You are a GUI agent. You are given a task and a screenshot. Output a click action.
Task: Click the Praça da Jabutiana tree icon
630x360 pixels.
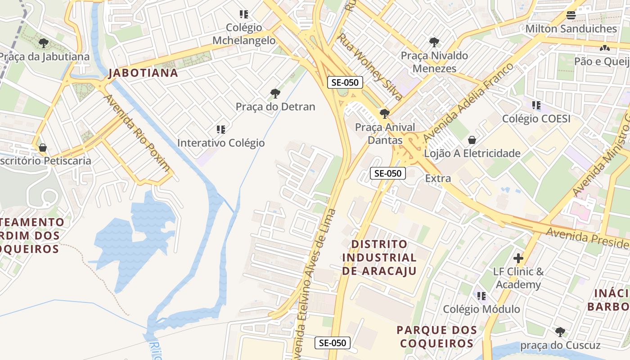point(43,43)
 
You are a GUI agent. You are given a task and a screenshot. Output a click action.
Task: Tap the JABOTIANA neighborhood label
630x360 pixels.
point(143,73)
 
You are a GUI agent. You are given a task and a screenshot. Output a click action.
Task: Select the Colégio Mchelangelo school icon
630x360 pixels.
point(244,14)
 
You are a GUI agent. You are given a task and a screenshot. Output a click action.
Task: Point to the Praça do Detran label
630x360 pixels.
point(275,107)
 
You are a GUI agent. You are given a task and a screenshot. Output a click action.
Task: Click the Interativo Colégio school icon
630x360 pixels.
point(220,130)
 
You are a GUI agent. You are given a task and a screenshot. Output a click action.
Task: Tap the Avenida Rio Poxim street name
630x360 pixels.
point(137,133)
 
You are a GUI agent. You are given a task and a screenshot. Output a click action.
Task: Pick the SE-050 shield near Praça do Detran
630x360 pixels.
point(345,82)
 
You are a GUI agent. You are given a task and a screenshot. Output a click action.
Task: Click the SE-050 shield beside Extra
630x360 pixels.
point(387,173)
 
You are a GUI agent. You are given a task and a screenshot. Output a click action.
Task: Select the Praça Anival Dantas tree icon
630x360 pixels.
point(384,113)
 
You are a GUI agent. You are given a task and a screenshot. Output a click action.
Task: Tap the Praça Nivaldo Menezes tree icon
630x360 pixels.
point(434,42)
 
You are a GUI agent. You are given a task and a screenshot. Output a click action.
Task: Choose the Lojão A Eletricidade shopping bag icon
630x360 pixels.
point(472,140)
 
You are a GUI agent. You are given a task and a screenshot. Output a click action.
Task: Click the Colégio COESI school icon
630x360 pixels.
point(536,105)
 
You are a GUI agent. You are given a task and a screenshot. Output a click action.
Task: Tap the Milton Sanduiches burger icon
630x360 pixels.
point(571,15)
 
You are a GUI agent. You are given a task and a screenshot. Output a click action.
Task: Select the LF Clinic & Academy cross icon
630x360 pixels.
point(518,258)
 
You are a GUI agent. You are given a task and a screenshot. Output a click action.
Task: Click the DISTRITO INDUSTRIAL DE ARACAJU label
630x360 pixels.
point(379,257)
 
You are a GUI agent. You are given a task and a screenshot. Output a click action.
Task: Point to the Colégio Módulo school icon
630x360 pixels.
point(481,296)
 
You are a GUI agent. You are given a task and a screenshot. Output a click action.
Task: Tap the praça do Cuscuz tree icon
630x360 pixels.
point(560,332)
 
